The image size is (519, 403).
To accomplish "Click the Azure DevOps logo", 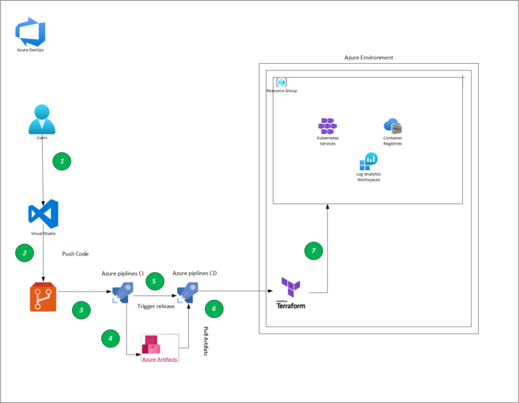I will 30,33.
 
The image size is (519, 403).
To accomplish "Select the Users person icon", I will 42,118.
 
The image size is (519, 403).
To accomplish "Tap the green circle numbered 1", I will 62,161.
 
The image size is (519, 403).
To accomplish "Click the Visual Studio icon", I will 43,214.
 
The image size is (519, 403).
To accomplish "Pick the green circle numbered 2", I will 25,253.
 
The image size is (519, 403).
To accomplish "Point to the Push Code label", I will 75,254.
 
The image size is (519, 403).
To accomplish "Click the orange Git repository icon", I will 43,298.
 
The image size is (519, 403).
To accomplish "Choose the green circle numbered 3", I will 82,311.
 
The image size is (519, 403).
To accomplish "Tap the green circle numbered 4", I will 109,338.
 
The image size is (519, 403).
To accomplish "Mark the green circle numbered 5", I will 155,281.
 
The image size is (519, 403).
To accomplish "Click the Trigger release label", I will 156,306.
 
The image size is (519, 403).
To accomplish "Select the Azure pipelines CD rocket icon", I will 188,293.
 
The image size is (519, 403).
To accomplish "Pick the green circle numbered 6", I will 215,309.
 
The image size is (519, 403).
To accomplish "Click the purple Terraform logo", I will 290,286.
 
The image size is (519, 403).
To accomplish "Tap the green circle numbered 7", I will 313,251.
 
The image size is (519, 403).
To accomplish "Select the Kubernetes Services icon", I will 327,126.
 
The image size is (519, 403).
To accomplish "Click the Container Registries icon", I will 392,126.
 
